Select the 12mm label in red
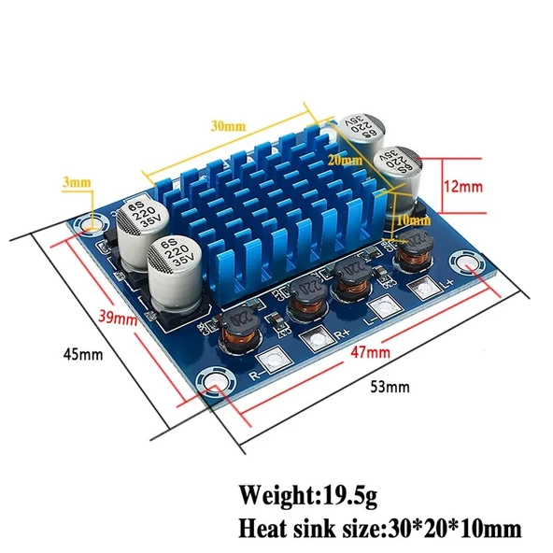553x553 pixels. (463, 186)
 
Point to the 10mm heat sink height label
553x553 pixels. (415, 221)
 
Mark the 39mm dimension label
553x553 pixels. (121, 318)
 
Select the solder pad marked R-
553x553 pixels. (275, 362)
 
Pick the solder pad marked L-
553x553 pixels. (380, 308)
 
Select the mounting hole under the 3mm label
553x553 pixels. (92, 224)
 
